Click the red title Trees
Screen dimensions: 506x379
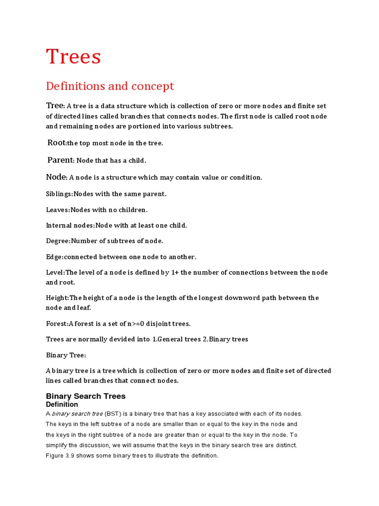pos(74,57)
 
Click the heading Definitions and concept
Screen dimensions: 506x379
pos(110,86)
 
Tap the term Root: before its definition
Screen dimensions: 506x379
pos(57,143)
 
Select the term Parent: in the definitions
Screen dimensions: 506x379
pos(60,160)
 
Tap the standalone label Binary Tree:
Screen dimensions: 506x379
pos(66,355)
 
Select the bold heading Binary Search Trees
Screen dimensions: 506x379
pos(85,396)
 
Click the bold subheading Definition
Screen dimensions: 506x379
pos(62,405)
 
